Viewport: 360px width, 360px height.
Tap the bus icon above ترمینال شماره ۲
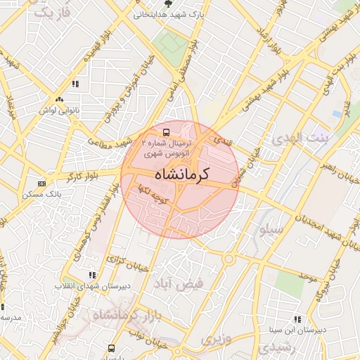pyautogui.click(x=166, y=131)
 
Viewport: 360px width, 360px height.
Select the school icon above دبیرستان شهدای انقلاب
pyautogui.click(x=91, y=275)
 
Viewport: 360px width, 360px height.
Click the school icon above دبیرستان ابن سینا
pyautogui.click(x=296, y=319)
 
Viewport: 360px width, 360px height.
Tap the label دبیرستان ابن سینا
pyautogui.click(x=295, y=329)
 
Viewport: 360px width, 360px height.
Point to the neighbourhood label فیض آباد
pyautogui.click(x=178, y=283)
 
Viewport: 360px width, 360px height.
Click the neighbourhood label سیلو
pyautogui.click(x=271, y=229)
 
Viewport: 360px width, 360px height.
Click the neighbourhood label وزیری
pyautogui.click(x=217, y=340)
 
